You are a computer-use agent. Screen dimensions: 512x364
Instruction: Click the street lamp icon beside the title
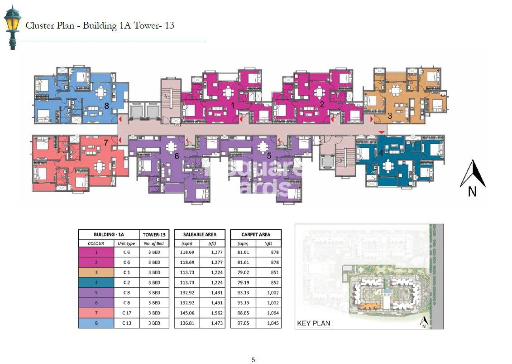pos(13,28)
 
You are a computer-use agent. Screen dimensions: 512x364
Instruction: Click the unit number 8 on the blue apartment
pos(106,106)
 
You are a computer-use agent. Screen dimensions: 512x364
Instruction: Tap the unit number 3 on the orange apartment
pos(390,116)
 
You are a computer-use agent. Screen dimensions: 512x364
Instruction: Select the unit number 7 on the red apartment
pos(106,143)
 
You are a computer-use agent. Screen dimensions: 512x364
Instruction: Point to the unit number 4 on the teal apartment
pos(381,153)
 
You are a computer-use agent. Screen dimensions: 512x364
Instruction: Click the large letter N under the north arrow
pos(472,191)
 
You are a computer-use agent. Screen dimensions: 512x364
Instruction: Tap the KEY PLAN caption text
pos(313,324)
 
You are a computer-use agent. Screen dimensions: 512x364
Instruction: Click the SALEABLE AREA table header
pos(200,234)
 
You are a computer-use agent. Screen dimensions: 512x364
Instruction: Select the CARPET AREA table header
pos(256,234)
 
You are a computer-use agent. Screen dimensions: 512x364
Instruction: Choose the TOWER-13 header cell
pos(154,234)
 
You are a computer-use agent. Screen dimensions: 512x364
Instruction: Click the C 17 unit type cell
pos(127,313)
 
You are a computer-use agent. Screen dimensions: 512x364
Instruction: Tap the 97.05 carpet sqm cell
pos(243,323)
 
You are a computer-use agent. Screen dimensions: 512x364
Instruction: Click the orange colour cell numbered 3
pos(96,272)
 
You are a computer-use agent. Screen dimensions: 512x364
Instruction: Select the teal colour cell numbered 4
pos(96,282)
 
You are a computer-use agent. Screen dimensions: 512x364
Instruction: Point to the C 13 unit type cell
pos(127,323)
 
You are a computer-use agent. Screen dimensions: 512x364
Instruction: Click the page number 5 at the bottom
pos(253,360)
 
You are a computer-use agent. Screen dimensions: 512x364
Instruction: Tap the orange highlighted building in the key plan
pos(369,306)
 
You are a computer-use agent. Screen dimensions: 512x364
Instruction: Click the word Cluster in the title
pos(38,25)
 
